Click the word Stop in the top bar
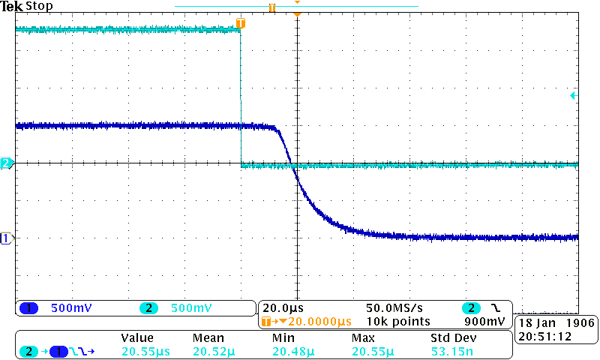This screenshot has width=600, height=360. (39, 6)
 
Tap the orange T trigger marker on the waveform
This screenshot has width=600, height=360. (240, 23)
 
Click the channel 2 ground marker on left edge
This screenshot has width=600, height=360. (6, 163)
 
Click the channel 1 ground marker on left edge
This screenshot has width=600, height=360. (6, 238)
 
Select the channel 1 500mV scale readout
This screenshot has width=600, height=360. (71, 308)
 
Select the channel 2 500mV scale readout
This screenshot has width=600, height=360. (190, 308)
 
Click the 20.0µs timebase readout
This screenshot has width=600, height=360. (283, 308)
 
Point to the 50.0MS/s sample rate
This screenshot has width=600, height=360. (394, 308)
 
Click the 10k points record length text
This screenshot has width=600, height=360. (397, 322)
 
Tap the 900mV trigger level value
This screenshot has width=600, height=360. (489, 322)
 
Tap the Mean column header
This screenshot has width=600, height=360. (208, 338)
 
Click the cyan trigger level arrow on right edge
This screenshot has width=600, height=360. (574, 96)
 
